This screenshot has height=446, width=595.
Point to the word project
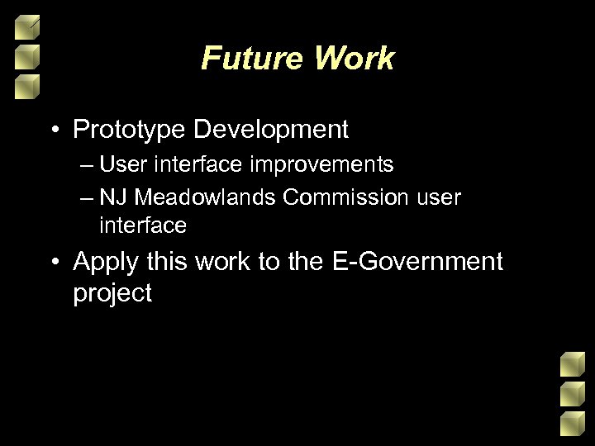[112, 294]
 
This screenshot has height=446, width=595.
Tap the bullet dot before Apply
[55, 263]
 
